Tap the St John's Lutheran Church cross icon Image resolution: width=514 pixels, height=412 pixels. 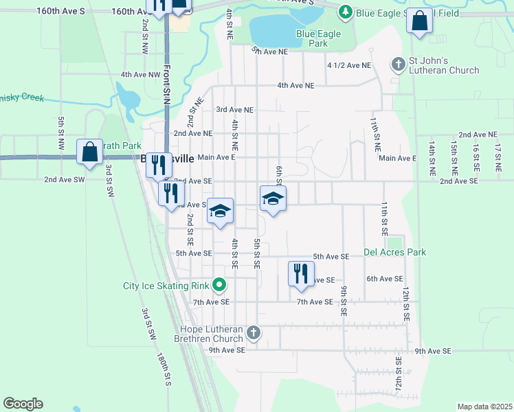398,65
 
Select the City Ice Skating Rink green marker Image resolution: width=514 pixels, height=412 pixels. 219,284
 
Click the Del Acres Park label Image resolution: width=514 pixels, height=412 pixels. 395,252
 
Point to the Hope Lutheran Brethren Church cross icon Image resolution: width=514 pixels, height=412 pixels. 254,333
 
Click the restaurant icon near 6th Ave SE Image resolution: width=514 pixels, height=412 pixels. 301,274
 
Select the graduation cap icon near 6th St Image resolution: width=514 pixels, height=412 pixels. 273,198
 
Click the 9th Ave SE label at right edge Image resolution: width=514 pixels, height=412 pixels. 433,351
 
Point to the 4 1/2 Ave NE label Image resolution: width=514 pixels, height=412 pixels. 349,65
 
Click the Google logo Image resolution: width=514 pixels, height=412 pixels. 23,404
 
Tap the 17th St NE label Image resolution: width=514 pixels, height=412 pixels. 498,157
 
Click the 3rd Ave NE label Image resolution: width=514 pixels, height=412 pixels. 235,110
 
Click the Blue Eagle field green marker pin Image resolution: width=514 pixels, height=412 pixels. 345,12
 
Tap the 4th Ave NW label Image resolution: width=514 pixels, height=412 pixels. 140,74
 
